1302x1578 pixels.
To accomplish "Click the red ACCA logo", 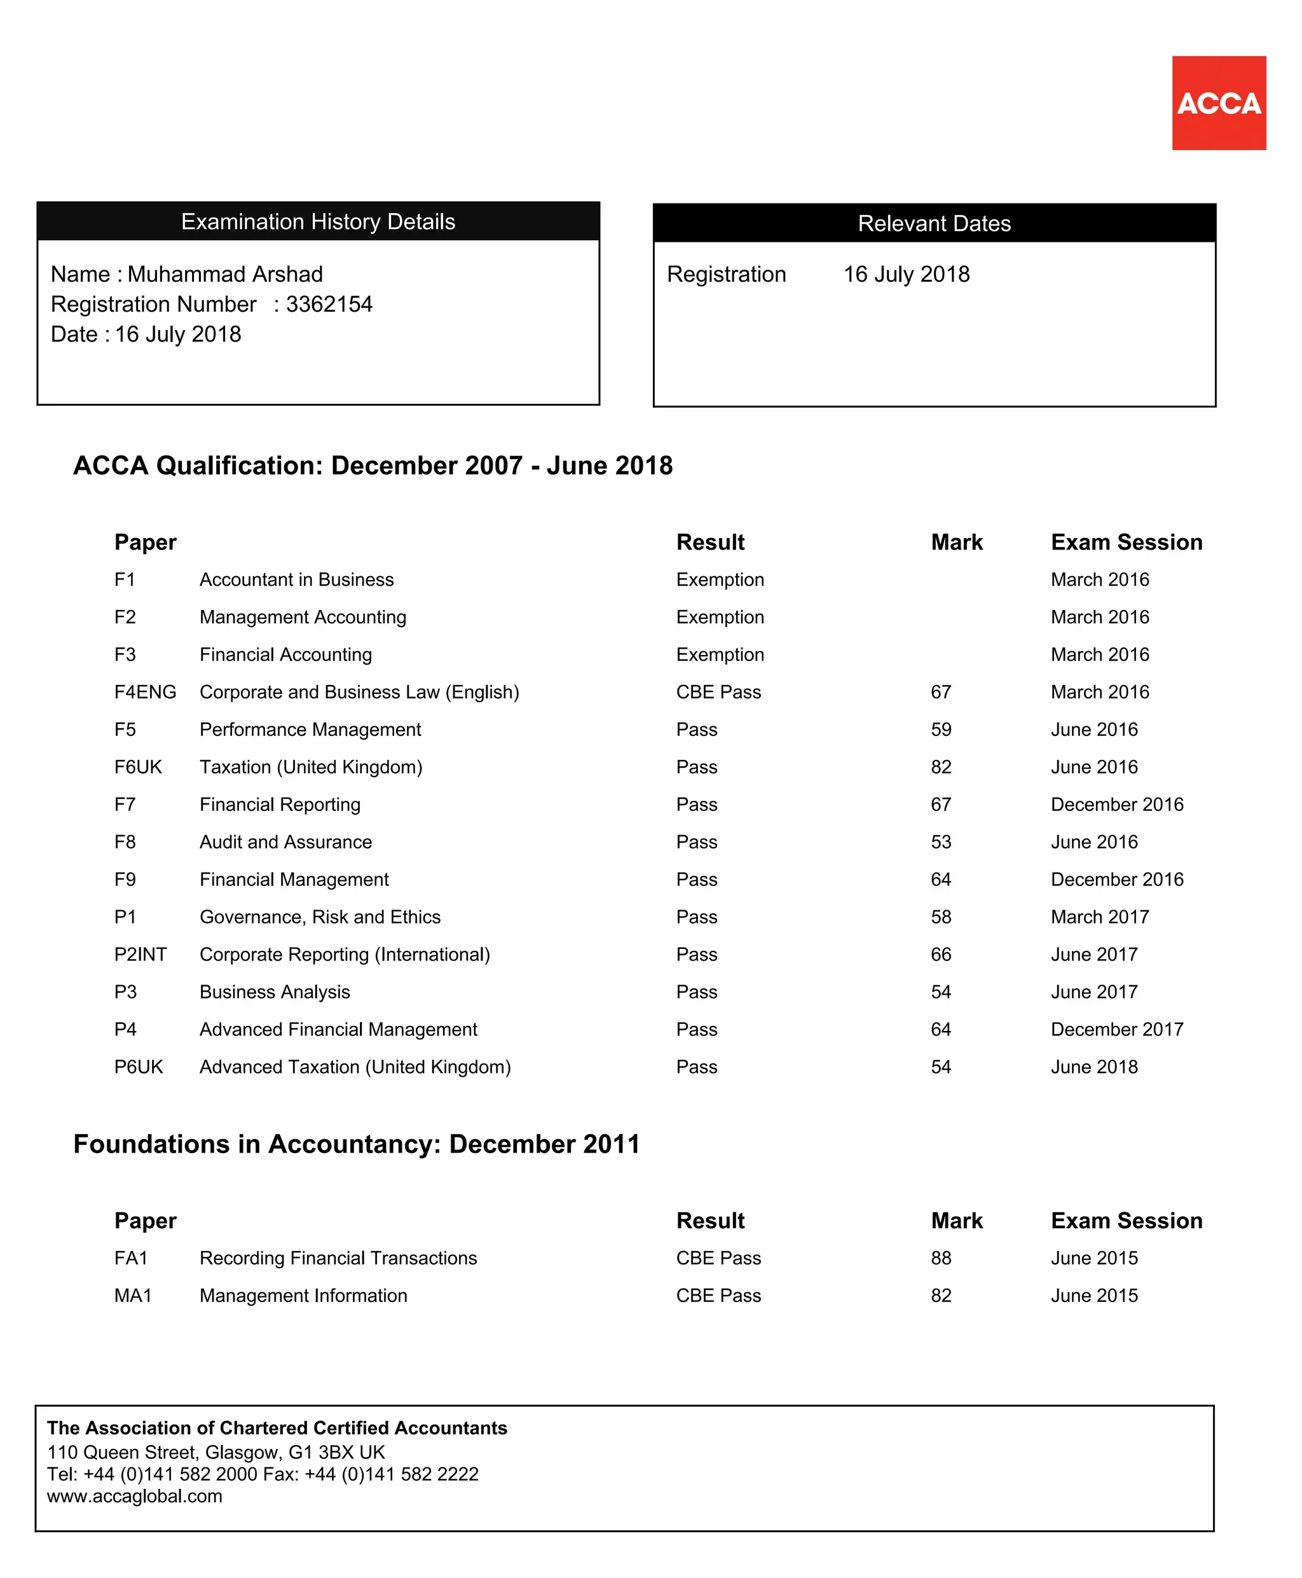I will click(x=1218, y=103).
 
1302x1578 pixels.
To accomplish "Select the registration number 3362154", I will click(x=329, y=304).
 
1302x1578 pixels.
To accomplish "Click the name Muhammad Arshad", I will click(x=225, y=274).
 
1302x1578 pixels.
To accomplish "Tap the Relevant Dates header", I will click(x=934, y=223).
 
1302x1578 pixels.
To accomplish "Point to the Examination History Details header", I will click(x=318, y=221).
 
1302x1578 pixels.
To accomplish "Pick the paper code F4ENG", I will click(x=145, y=692).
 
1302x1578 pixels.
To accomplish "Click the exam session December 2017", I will click(x=1117, y=1030).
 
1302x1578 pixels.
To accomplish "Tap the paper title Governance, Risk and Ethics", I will click(x=320, y=917).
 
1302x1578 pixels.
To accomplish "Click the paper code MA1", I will click(x=133, y=1295).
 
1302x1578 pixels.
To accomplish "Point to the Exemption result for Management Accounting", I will click(x=720, y=617).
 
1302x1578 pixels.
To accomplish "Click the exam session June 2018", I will click(x=1093, y=1067).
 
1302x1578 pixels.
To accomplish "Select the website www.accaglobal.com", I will click(x=134, y=1496).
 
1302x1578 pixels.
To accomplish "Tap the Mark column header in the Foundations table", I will click(x=956, y=1221).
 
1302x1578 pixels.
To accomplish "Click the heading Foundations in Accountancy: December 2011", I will click(x=356, y=1144).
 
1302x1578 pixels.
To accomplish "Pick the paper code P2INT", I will click(x=140, y=955).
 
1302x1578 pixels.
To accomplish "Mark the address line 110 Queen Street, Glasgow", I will click(x=216, y=1452).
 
